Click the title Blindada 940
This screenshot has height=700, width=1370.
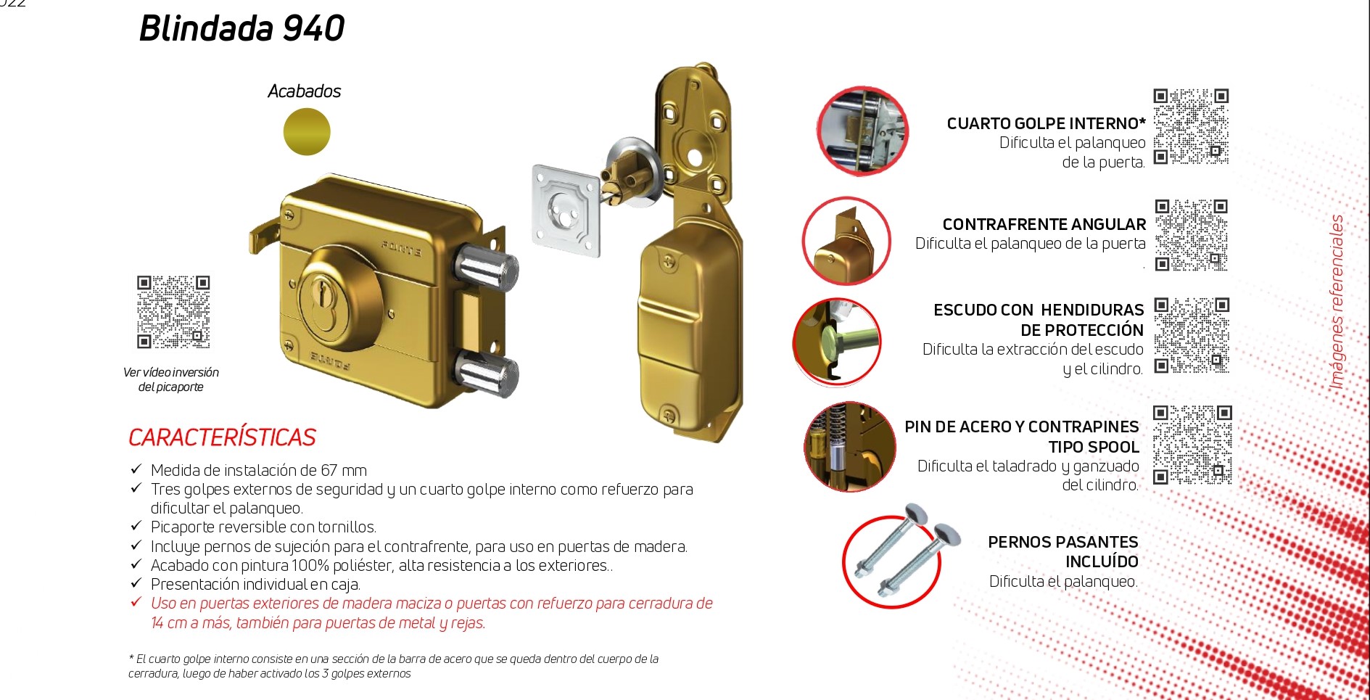pos(242,28)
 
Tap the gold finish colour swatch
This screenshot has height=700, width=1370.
pos(307,132)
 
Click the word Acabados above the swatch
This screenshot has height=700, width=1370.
pos(304,91)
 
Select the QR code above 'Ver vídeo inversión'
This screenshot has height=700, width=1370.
pos(173,312)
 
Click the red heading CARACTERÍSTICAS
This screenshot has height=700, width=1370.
pos(222,437)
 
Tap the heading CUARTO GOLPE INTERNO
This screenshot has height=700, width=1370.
pos(1046,124)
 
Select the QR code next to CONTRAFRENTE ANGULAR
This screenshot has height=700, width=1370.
pos(1192,235)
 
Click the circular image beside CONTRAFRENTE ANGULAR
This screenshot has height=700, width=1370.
pos(846,241)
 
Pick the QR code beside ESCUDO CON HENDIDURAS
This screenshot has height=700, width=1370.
pos(1192,335)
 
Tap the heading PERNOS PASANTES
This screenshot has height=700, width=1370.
pos(1062,542)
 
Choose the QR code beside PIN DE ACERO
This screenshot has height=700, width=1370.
pos(1192,445)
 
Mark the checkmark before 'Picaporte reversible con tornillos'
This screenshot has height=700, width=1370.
pos(136,526)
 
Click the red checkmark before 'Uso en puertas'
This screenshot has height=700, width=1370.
pos(136,602)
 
